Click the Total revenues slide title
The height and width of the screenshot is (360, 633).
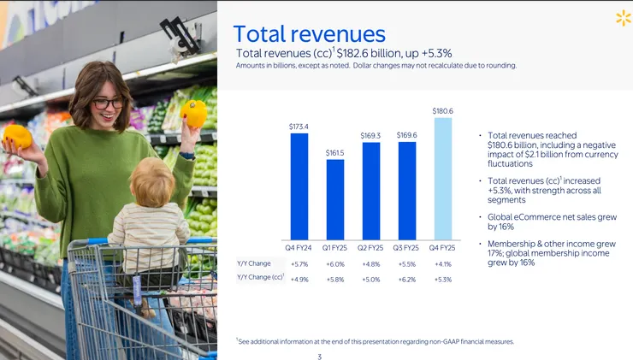click(x=309, y=34)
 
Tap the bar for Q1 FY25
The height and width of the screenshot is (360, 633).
click(x=335, y=198)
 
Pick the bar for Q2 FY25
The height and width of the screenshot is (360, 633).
click(x=371, y=190)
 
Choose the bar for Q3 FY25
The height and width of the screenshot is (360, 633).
click(x=407, y=190)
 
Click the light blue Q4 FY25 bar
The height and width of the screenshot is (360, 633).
click(x=443, y=178)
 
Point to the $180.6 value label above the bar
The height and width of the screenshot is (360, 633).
click(x=443, y=111)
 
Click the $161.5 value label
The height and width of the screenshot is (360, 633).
click(x=335, y=153)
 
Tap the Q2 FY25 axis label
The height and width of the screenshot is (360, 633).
click(x=371, y=248)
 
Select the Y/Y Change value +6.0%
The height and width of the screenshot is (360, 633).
click(x=335, y=263)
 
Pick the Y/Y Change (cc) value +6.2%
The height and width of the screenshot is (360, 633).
click(x=407, y=279)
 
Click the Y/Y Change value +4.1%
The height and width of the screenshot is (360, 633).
click(x=443, y=263)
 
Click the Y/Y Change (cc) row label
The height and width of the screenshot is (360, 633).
click(x=260, y=278)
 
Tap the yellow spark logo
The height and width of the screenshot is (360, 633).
click(x=623, y=18)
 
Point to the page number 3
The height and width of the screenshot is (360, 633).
click(x=319, y=356)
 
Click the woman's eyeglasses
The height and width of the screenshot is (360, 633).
click(x=108, y=103)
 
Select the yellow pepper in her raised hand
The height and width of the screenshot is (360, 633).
click(x=194, y=113)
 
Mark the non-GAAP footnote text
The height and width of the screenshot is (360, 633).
click(x=376, y=341)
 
